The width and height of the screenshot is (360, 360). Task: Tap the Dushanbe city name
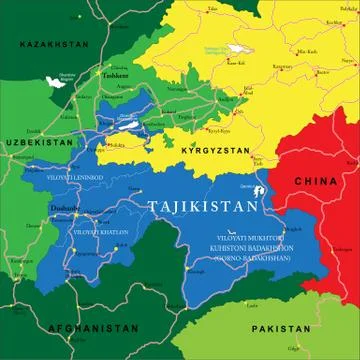(63, 209)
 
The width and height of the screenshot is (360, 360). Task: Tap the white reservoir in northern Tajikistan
(129, 125)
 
